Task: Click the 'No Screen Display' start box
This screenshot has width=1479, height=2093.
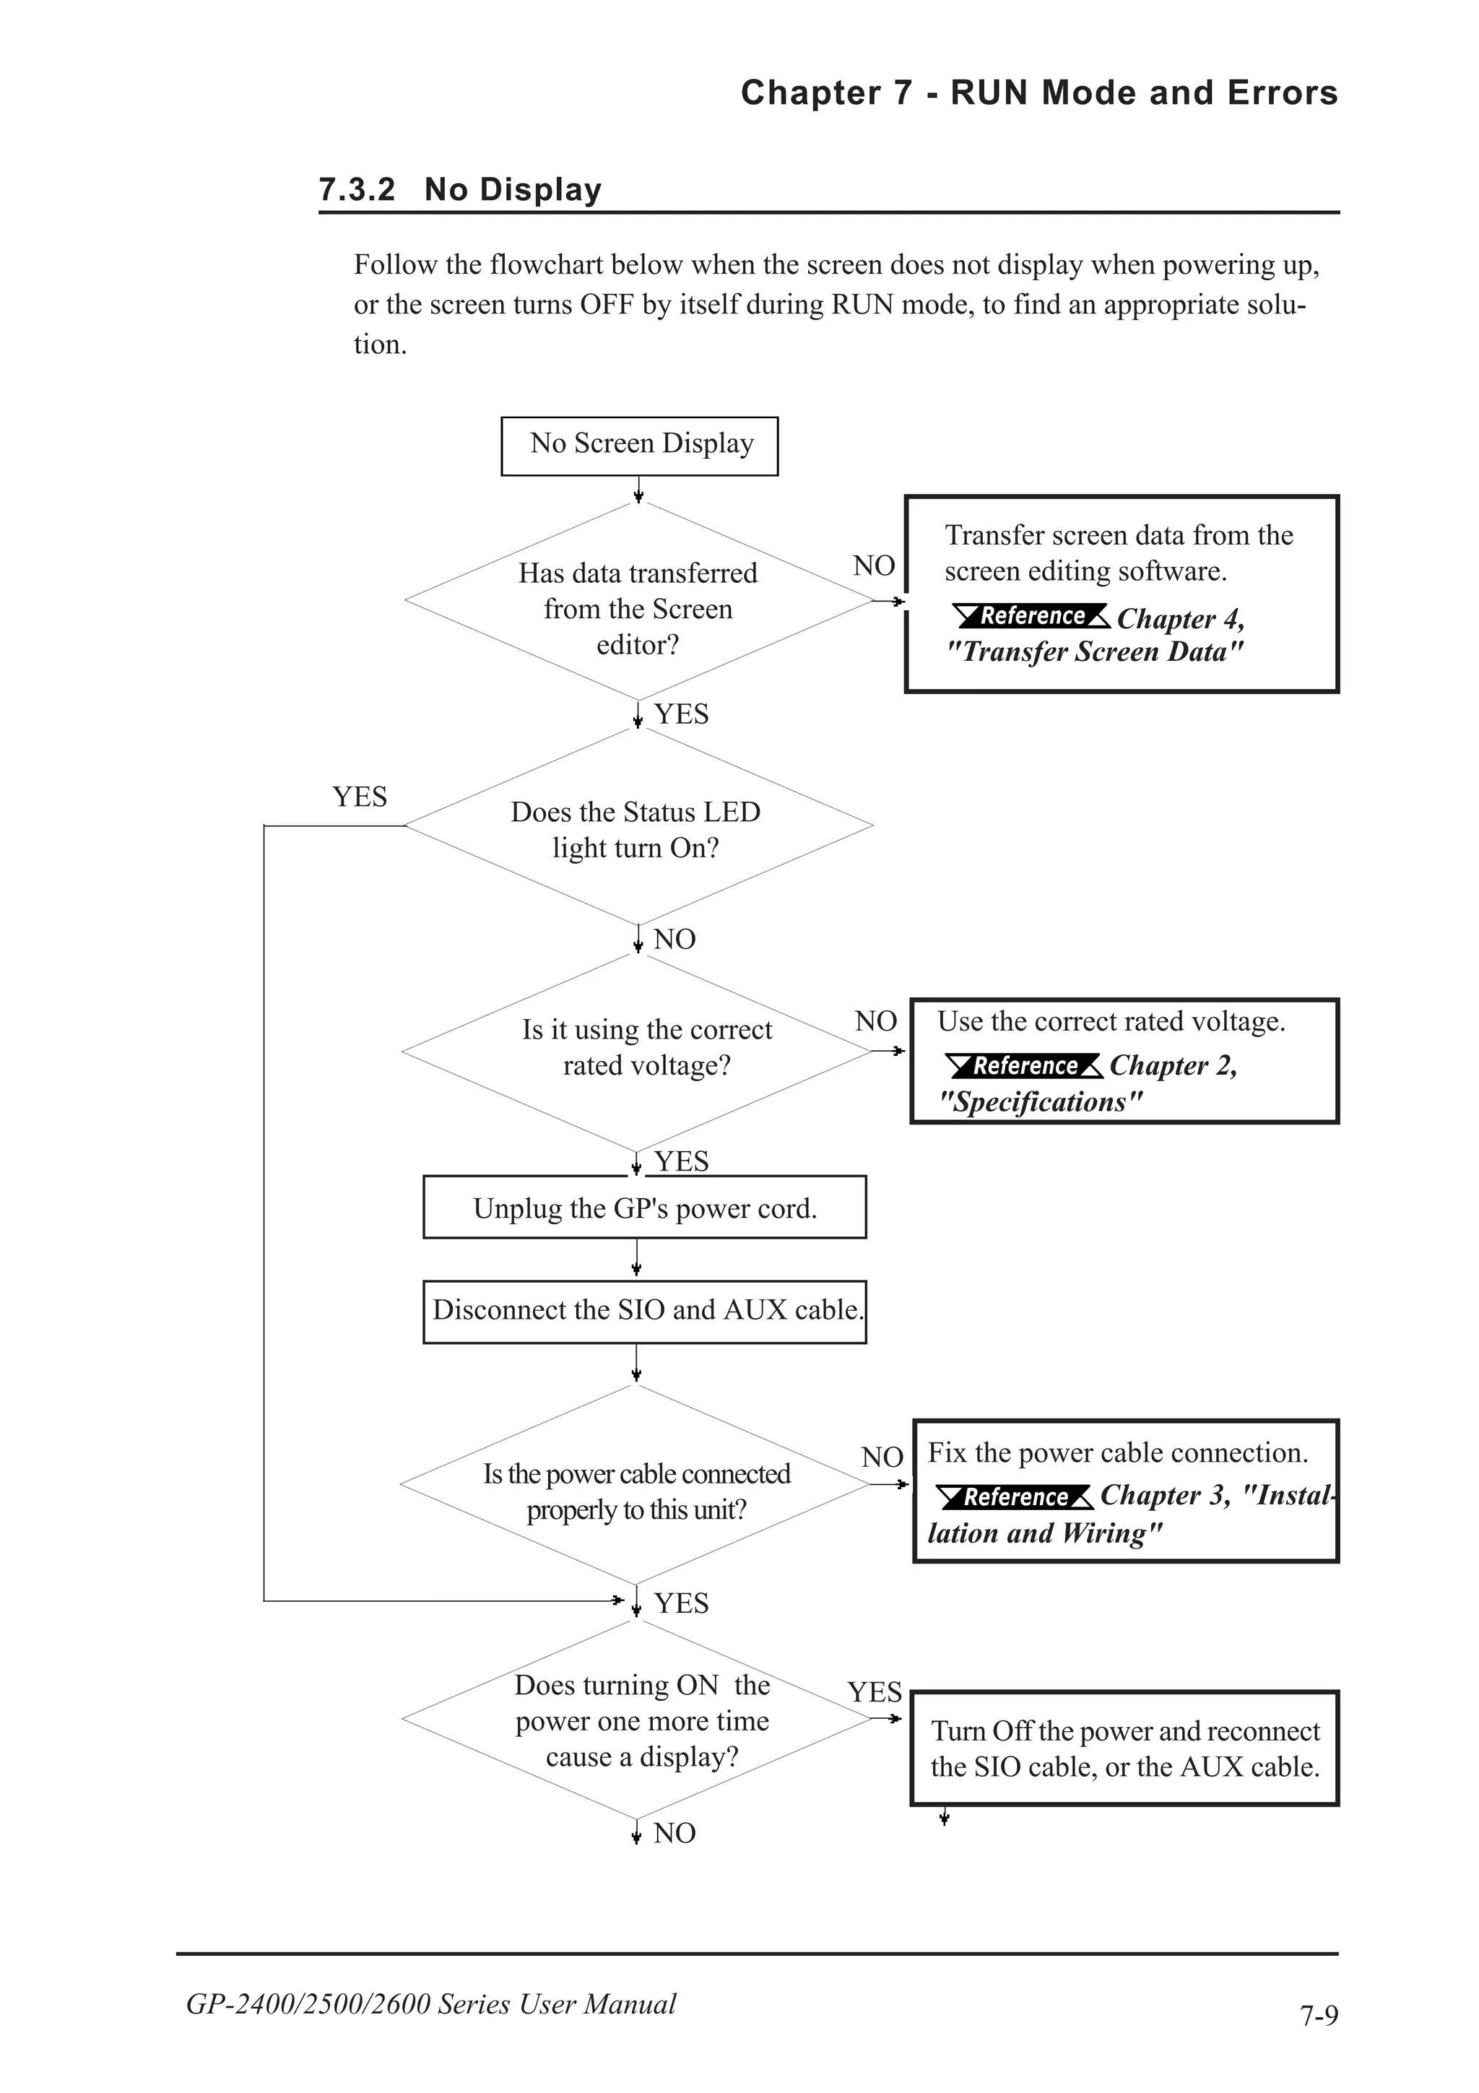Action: (x=639, y=446)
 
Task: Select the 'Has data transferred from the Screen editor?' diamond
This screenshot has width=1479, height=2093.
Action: (x=638, y=607)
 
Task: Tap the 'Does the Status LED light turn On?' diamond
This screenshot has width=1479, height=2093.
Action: (x=638, y=828)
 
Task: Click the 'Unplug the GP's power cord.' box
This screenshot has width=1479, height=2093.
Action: (x=644, y=1208)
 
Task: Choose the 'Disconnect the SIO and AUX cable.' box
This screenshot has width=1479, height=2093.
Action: (x=644, y=1311)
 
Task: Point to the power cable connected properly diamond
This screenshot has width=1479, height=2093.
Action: (x=636, y=1491)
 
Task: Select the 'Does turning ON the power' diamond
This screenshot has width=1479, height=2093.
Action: (x=638, y=1720)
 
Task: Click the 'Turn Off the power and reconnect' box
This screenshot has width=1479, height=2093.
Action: (x=1124, y=1748)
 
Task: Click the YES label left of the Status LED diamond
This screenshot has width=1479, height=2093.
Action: (x=359, y=797)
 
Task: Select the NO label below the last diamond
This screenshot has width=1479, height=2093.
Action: (x=675, y=1833)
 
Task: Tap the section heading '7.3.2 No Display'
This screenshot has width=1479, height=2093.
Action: (x=460, y=190)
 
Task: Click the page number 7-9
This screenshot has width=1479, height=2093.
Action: (x=1319, y=2014)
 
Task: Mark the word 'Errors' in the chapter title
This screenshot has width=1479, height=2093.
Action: (x=1282, y=93)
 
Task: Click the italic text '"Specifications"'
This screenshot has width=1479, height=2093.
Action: (x=1040, y=1102)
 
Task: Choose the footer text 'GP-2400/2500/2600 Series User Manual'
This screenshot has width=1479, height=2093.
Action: (x=431, y=2003)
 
